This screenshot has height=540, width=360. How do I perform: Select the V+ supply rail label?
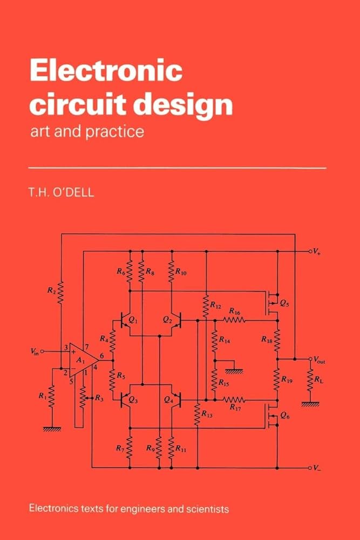tap(318, 251)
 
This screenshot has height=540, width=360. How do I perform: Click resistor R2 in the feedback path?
tap(60, 292)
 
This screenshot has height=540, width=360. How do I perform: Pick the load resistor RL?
tap(310, 382)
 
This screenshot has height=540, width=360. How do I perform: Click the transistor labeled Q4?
tap(173, 400)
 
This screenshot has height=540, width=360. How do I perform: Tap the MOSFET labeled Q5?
tap(273, 303)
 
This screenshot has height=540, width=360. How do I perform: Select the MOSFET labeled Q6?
tap(273, 415)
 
